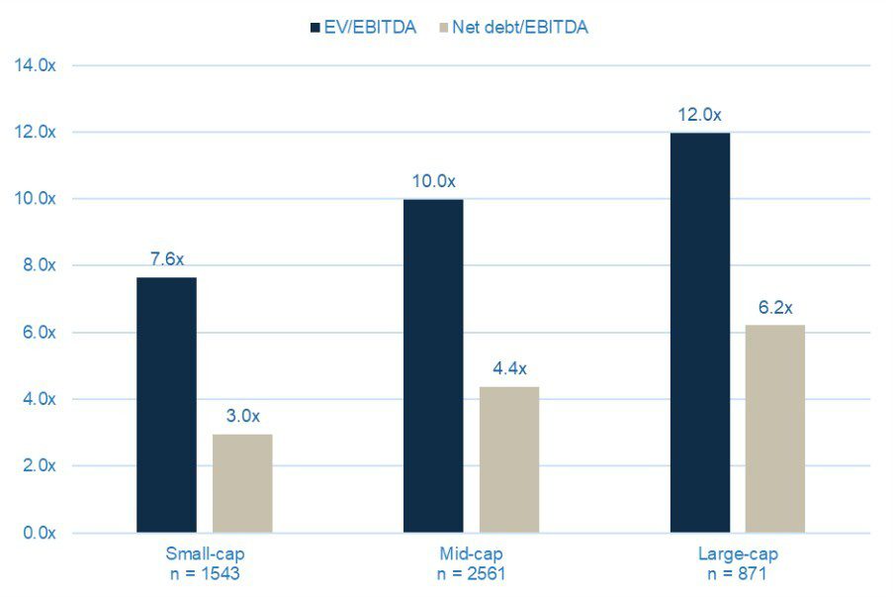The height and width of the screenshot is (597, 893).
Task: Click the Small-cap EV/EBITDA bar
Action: [x=166, y=405]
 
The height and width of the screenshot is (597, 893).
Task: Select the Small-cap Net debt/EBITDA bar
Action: [x=242, y=483]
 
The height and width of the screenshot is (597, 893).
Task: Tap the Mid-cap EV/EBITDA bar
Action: [x=433, y=365]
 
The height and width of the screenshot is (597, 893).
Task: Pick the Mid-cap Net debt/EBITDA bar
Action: [x=509, y=459]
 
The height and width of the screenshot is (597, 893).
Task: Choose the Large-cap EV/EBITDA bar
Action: [x=700, y=333]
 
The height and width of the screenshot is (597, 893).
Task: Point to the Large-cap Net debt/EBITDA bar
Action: [x=775, y=429]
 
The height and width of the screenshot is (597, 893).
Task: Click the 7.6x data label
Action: [x=166, y=259]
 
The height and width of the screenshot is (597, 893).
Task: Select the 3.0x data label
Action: [x=242, y=415]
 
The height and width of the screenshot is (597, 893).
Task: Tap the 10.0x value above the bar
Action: [x=433, y=181]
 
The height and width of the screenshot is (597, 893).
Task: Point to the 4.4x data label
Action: [x=509, y=368]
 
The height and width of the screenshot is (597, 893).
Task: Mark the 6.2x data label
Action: [x=775, y=308]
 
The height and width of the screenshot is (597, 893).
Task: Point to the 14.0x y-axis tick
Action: [x=37, y=65]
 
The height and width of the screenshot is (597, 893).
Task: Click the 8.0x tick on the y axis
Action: [x=37, y=265]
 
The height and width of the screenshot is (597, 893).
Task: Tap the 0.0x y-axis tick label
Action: [x=37, y=533]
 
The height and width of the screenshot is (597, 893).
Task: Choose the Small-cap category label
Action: [x=205, y=553]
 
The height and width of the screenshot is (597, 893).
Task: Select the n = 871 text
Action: [x=738, y=573]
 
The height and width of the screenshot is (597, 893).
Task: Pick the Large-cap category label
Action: [x=738, y=553]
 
